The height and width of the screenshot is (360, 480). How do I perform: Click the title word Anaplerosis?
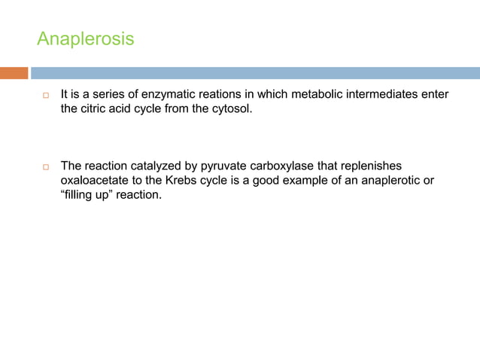tap(85, 38)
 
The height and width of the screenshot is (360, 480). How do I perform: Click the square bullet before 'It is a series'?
tap(45, 97)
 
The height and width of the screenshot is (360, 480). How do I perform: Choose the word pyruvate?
tap(221, 166)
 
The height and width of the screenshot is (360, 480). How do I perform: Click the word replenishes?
tap(384, 166)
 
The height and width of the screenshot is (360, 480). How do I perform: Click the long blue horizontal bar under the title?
tap(256, 73)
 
